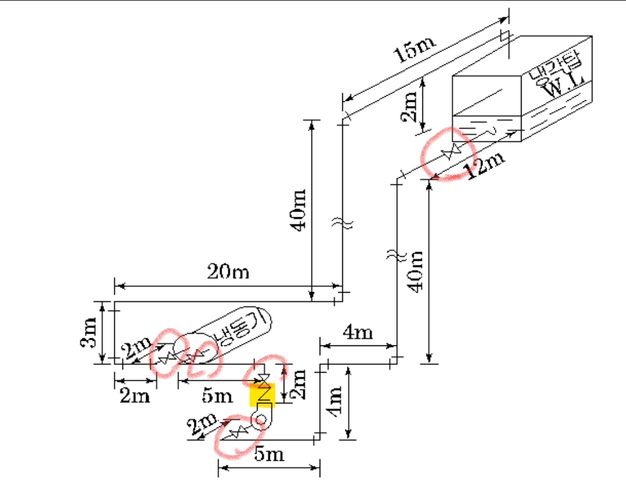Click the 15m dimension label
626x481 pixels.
tap(414, 49)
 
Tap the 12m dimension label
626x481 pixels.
tap(484, 163)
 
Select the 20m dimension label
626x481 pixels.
tap(228, 272)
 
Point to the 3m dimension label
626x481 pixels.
tap(89, 332)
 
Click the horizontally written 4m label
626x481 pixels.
tap(358, 332)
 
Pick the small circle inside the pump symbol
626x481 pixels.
tap(260, 419)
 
